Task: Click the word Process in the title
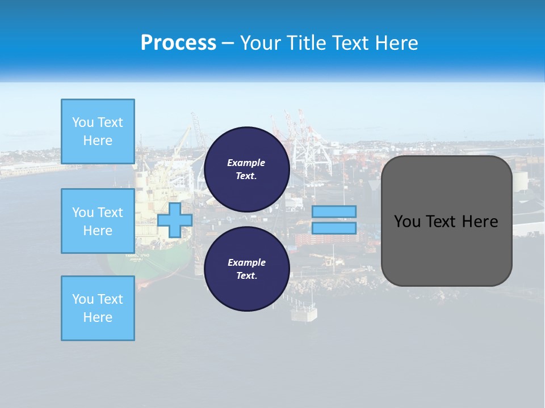point(178,43)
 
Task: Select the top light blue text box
point(98,131)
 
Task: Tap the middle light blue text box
point(98,221)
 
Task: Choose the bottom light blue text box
point(98,308)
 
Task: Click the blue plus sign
point(175,220)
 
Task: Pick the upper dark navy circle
point(246,169)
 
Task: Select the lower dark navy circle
point(246,269)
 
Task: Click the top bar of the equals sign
point(334,211)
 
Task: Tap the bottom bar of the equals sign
point(334,228)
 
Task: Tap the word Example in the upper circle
point(246,163)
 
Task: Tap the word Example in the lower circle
point(246,262)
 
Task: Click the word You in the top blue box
point(83,122)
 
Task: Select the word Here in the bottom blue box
point(98,317)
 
